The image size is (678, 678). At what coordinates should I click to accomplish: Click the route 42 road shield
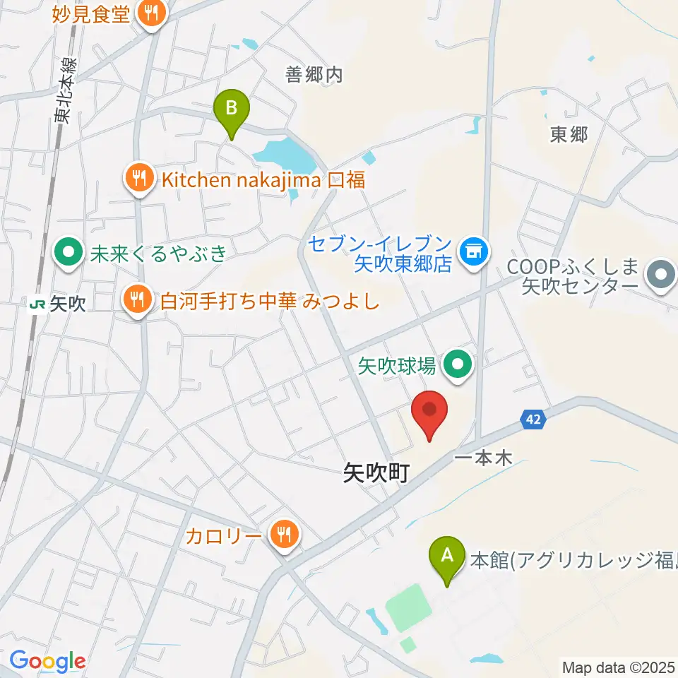535,420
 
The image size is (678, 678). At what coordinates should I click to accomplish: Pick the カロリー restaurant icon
283,535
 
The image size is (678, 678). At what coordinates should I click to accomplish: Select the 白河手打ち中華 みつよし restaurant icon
136,301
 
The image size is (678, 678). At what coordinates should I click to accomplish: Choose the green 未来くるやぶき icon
69,251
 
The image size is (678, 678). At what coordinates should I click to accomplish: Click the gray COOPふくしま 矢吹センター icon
661,274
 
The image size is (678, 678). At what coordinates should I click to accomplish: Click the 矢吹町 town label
376,473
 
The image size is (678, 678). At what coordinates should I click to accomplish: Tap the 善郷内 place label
314,74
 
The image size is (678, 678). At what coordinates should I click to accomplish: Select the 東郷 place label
569,135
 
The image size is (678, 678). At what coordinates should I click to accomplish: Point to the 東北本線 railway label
66,93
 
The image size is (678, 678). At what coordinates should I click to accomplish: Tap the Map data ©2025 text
619,667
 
